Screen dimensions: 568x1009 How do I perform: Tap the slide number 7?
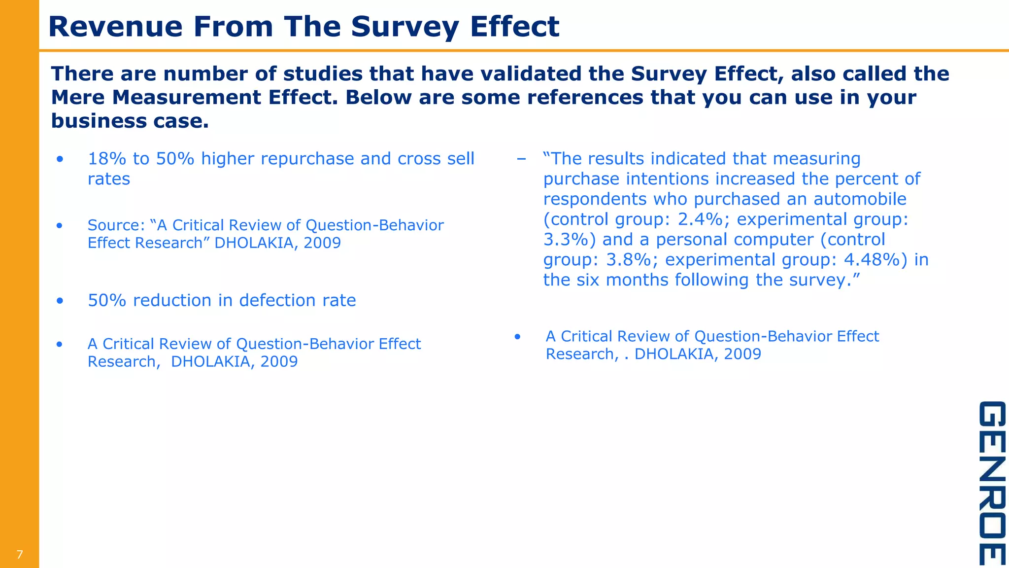pos(20,555)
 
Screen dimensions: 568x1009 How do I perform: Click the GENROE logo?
pos(991,483)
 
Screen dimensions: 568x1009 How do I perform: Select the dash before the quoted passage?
pos(521,159)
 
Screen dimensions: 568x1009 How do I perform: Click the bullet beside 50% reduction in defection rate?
pos(60,300)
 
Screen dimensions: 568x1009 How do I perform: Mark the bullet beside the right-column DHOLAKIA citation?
pos(517,337)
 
